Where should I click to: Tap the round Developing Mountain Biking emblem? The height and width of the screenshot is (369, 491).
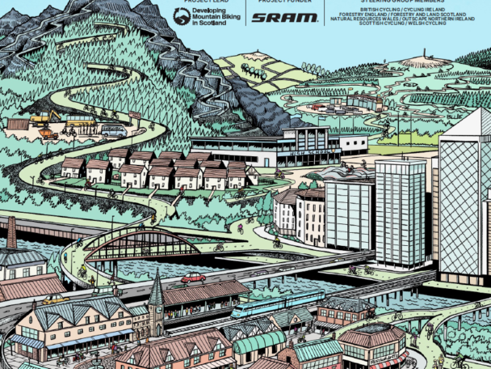(182, 16)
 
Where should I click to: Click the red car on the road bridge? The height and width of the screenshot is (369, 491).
(193, 278)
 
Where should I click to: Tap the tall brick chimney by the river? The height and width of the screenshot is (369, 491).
(11, 232)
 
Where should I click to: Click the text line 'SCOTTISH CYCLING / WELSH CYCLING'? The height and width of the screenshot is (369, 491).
(404, 23)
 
